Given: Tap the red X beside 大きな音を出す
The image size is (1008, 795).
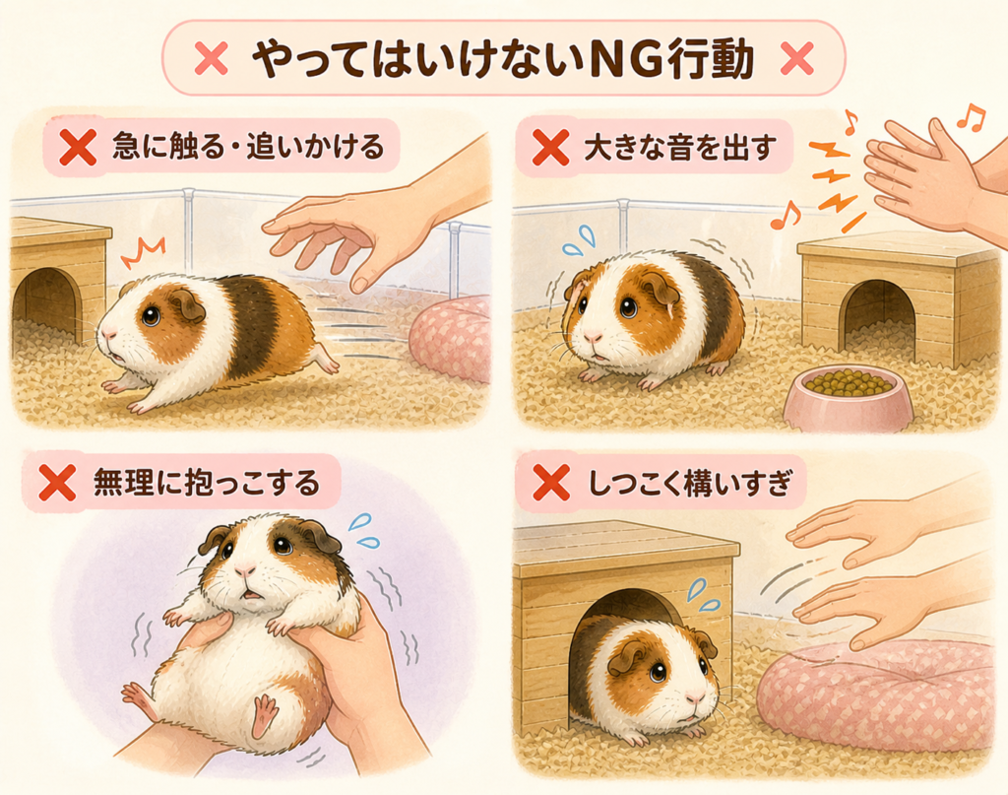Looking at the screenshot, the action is click(551, 147).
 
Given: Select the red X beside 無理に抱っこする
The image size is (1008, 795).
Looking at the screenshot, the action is click(57, 483).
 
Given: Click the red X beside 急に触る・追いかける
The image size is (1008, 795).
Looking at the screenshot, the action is click(78, 147).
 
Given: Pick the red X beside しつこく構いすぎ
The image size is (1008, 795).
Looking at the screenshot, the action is click(551, 483).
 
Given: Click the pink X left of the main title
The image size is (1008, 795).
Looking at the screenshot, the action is click(211, 58).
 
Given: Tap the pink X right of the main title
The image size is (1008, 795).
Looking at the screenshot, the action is click(796, 58).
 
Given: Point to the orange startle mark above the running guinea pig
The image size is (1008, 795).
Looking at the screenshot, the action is click(143, 253).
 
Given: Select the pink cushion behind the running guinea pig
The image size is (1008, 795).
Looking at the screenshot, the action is click(450, 339).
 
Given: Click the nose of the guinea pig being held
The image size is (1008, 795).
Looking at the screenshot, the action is click(245, 569).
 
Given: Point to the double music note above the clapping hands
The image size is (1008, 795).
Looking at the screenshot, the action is click(970, 117).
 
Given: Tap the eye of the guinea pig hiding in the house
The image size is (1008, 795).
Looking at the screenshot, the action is click(657, 672).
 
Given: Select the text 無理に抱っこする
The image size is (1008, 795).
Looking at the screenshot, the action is click(207, 483).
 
